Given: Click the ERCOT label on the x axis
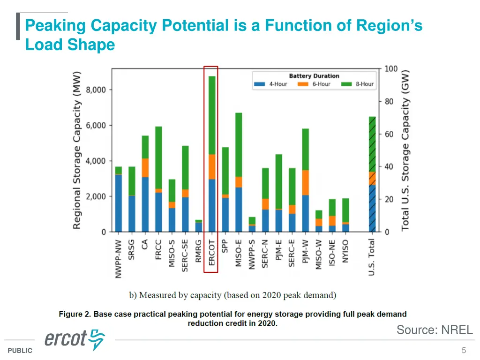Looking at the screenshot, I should [x=212, y=254].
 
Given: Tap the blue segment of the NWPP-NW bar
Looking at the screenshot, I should [x=119, y=203].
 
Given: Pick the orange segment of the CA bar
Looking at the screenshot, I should [x=145, y=167].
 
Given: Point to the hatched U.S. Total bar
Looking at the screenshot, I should [x=372, y=174].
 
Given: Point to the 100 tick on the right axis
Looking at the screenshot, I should [x=391, y=69].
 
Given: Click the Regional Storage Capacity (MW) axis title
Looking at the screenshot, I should [x=77, y=150].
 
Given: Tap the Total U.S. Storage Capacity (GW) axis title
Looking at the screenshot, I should [x=405, y=150].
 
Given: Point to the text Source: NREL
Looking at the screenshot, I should [x=435, y=330].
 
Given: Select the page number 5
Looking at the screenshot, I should [x=464, y=350].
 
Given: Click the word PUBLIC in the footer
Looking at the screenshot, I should [x=20, y=351].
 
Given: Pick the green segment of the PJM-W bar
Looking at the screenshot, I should [x=306, y=149].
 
